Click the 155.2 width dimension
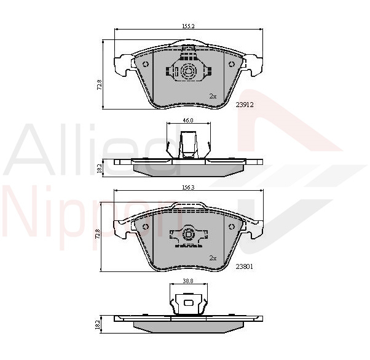pyautogui.click(x=188, y=26)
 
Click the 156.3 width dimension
pyautogui.click(x=188, y=187)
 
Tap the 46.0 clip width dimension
pyautogui.click(x=188, y=120)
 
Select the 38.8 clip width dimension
pyautogui.click(x=188, y=281)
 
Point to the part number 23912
pyautogui.click(x=245, y=105)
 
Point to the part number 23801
pyautogui.click(x=245, y=266)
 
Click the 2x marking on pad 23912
pyautogui.click(x=213, y=96)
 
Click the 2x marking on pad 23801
pyautogui.click(x=213, y=258)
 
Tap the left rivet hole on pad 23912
pyautogui.click(x=146, y=64)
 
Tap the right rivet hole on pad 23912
pyautogui.click(x=232, y=64)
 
